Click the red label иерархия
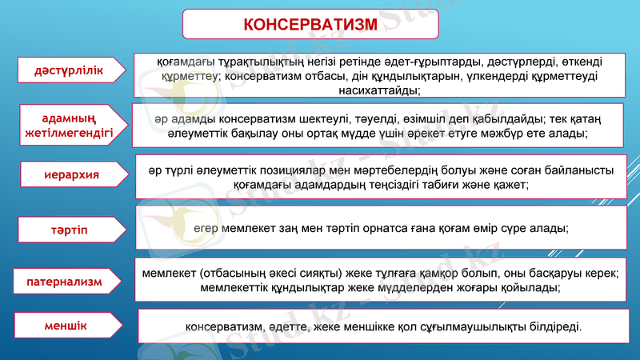pyautogui.click(x=71, y=174)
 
